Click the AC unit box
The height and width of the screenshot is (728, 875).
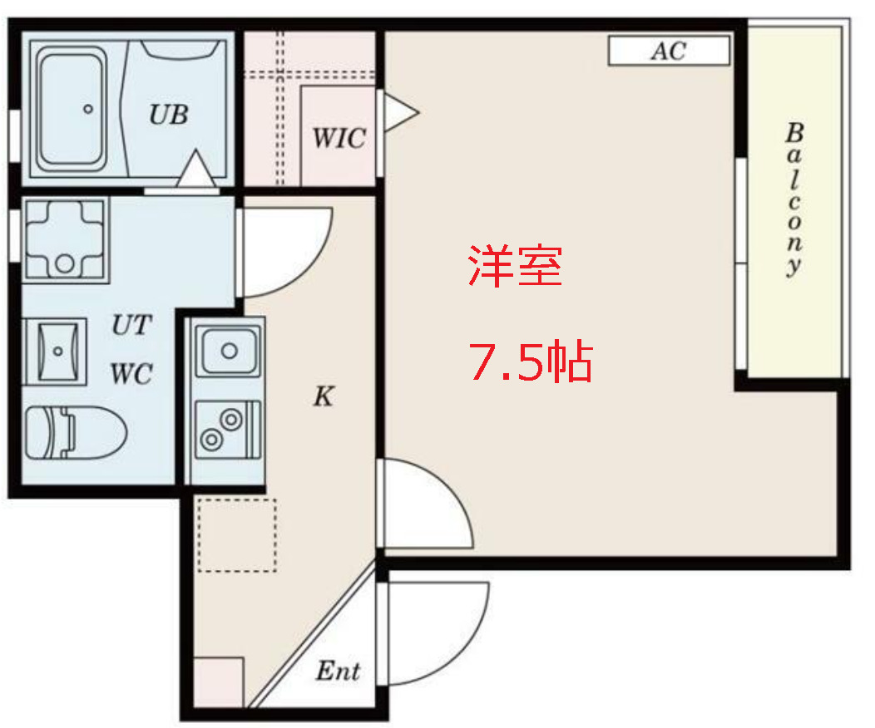click(x=669, y=52)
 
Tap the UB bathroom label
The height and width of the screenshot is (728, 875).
click(x=169, y=114)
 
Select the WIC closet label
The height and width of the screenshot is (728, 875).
click(x=339, y=138)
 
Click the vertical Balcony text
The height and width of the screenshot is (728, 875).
click(x=795, y=199)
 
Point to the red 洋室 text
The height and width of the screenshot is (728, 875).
click(x=515, y=267)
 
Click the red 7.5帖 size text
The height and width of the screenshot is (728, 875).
click(x=531, y=362)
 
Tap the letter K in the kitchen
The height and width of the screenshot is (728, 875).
click(x=323, y=397)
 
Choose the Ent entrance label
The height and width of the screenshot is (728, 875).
click(x=338, y=671)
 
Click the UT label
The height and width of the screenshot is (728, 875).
click(x=132, y=326)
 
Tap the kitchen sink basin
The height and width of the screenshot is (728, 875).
click(x=227, y=350)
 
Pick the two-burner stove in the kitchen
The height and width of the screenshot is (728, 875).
click(x=227, y=429)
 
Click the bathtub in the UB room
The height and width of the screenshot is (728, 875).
click(x=73, y=106)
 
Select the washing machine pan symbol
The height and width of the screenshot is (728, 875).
click(x=64, y=239)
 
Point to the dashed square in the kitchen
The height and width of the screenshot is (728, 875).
click(x=237, y=535)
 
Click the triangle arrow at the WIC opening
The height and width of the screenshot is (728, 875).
click(x=398, y=112)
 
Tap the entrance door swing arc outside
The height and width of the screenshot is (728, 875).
click(x=437, y=632)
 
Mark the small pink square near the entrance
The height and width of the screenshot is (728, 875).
click(x=218, y=681)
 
